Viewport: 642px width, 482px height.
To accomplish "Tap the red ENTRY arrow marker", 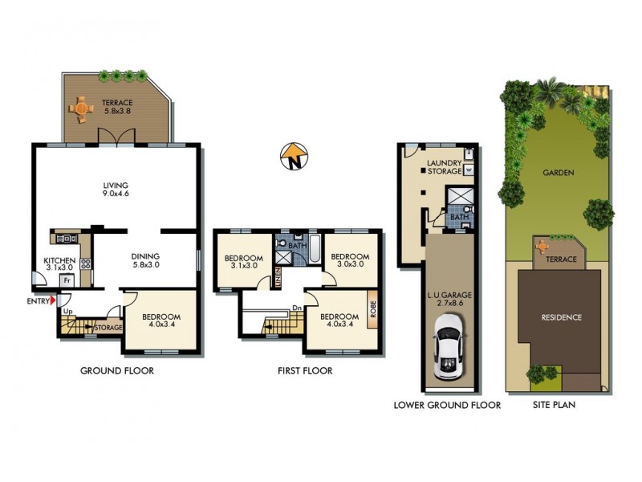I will click(x=53, y=301).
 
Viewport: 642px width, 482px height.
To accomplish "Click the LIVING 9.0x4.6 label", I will click(x=116, y=190).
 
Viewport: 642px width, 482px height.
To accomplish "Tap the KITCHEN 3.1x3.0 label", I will click(x=60, y=264).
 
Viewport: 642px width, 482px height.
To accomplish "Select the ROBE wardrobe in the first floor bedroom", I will click(x=372, y=309).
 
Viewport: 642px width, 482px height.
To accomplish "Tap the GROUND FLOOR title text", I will click(x=116, y=371).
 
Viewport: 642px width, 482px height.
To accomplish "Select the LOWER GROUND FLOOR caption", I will click(x=447, y=406).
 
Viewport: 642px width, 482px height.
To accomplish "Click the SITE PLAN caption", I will click(x=555, y=406).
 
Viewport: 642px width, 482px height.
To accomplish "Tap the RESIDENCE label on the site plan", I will click(x=560, y=317).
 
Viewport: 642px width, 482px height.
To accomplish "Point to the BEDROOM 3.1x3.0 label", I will click(x=241, y=262).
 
